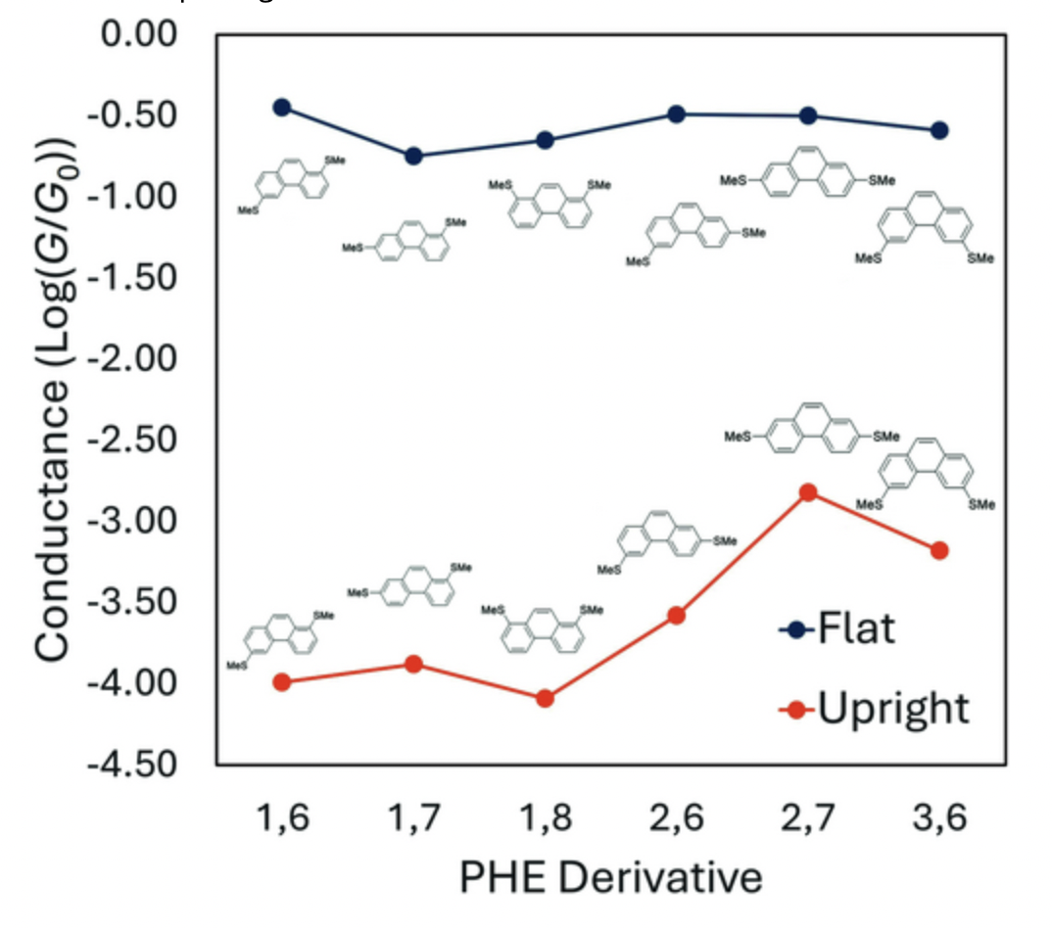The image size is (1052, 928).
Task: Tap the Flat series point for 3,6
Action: click(x=939, y=130)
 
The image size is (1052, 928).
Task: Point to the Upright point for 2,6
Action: click(x=676, y=615)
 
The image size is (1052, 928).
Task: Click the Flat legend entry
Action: click(x=837, y=628)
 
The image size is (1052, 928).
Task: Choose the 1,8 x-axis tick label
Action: click(x=546, y=814)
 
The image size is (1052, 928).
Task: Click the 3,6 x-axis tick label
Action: click(x=939, y=814)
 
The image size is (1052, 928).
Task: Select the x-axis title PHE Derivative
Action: click(x=610, y=877)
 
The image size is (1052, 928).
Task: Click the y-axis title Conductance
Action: click(x=54, y=396)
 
